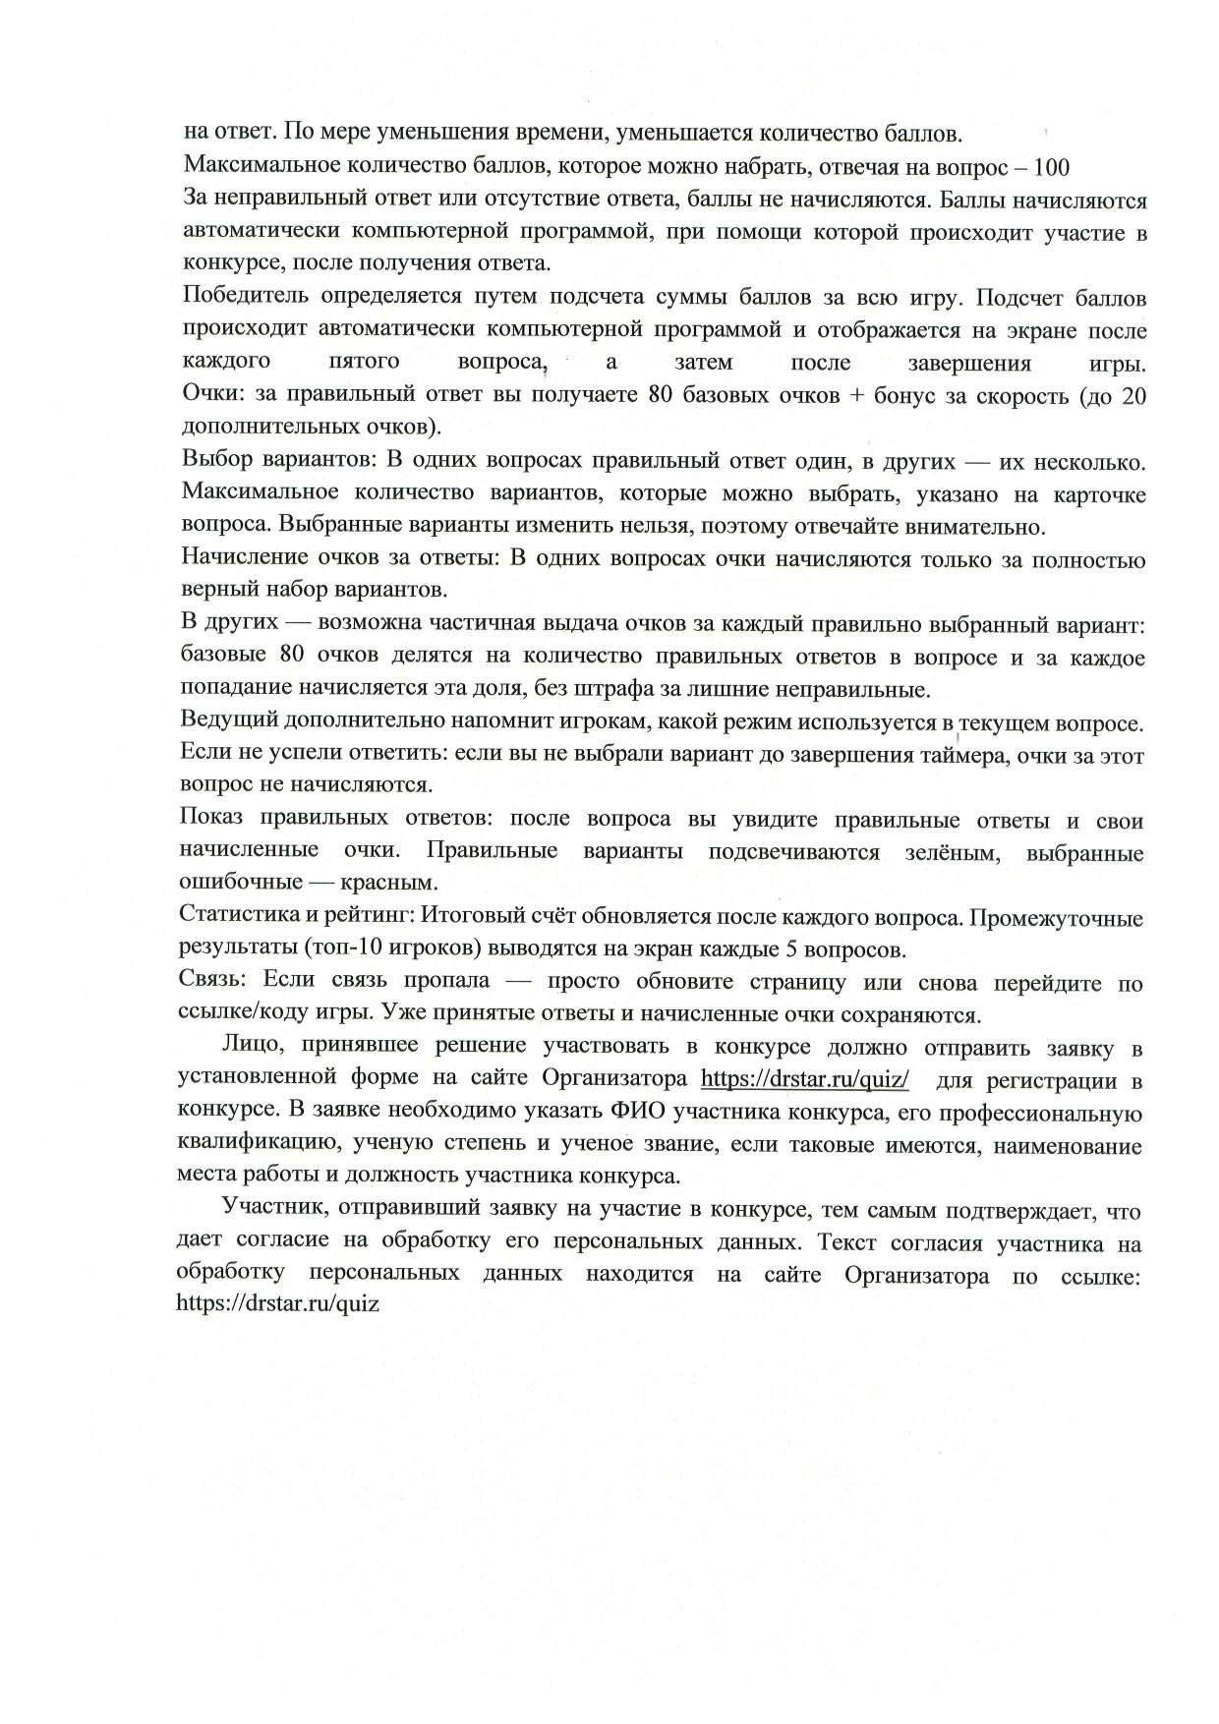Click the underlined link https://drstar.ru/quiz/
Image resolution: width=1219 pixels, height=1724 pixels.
(804, 1079)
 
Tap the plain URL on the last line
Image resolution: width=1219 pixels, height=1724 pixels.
(278, 1303)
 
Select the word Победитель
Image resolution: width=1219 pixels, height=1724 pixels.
(233, 297)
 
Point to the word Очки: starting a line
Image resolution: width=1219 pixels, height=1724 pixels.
(212, 395)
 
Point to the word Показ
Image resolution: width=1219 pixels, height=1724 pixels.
(209, 820)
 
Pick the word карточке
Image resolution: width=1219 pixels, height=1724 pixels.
(1097, 493)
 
